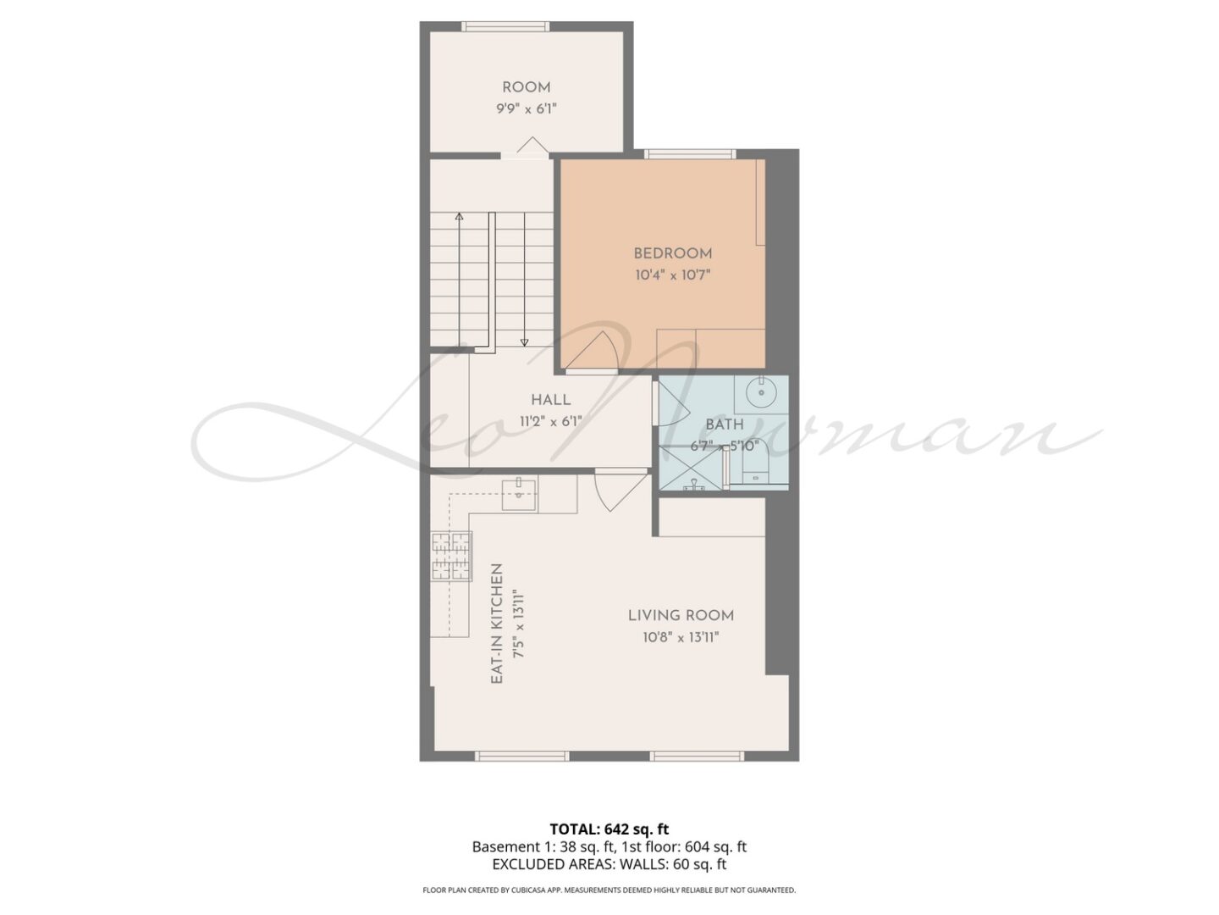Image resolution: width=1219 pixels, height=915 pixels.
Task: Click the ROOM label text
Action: [526, 88]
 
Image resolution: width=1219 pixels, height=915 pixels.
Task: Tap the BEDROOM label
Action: [672, 254]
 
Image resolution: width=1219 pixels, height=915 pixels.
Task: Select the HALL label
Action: [550, 400]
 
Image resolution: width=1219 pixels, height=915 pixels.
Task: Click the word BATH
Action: [724, 425]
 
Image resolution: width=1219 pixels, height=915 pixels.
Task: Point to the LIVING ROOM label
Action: [681, 616]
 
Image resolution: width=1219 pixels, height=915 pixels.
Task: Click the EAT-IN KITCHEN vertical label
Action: [497, 624]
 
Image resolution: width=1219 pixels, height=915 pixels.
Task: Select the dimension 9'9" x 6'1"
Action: [526, 109]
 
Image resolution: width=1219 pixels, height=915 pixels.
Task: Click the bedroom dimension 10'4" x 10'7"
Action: [672, 275]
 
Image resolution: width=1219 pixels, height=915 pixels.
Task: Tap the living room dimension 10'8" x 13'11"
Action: [681, 637]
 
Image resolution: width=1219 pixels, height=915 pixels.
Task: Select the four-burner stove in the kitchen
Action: [451, 556]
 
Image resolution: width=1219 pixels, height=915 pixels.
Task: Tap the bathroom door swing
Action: [673, 402]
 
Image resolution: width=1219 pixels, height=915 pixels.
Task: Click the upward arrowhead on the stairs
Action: [460, 217]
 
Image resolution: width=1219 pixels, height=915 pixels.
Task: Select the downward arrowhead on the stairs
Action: [524, 342]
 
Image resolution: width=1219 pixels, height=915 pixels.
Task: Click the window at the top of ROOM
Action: [505, 26]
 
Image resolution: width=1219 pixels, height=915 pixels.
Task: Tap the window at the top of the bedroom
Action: [690, 154]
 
